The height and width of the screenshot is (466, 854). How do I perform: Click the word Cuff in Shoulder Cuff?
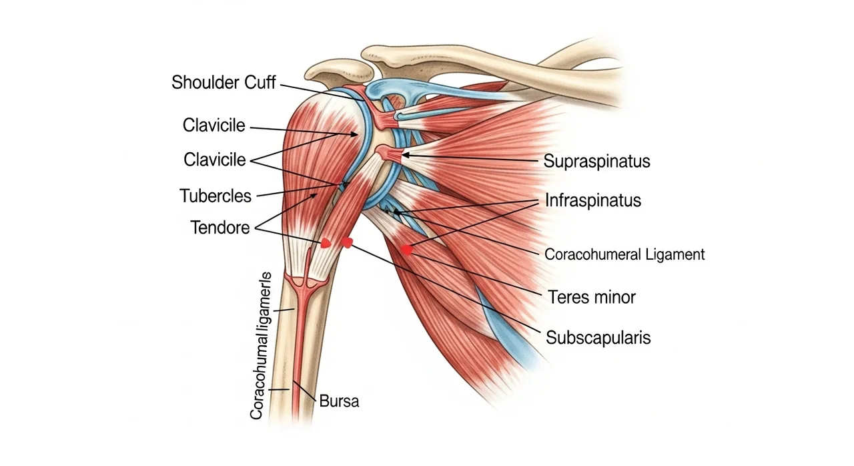coord(260,82)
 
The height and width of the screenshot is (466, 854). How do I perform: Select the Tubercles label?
coord(216,196)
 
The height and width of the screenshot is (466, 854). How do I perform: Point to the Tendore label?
coord(220,228)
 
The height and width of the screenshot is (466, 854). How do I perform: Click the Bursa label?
coord(339,401)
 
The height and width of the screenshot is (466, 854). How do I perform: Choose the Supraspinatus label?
coord(596,161)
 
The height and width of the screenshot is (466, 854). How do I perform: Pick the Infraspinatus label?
coord(593,200)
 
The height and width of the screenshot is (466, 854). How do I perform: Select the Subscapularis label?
coord(598,338)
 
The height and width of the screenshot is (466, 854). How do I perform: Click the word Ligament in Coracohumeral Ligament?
coord(675,254)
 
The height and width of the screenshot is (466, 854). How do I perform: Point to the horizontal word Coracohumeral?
coord(593,254)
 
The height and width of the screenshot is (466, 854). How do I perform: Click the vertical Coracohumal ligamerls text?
coord(261,346)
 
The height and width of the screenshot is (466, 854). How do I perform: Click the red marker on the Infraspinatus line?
coord(407,250)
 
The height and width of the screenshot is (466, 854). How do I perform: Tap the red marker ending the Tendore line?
coord(325,243)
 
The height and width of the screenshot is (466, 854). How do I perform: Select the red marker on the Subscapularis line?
coord(347,242)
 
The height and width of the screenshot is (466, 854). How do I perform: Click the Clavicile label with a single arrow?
coord(214,126)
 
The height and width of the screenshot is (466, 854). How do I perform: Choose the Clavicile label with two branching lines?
coord(215,160)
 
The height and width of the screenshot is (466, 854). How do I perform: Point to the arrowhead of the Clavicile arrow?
coord(354,134)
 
